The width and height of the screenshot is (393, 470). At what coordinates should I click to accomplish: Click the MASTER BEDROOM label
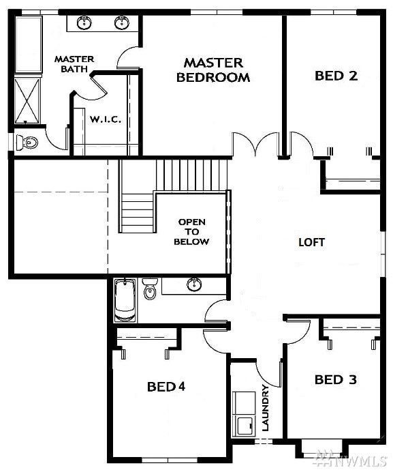click(213, 70)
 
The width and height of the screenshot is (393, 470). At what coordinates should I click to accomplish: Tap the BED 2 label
click(336, 76)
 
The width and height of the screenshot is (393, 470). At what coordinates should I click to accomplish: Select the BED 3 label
click(335, 379)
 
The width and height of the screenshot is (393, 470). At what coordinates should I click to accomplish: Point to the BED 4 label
click(166, 387)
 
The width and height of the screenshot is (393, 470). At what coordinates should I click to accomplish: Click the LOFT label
click(311, 242)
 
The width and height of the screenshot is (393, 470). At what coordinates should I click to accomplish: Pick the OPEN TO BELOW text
click(191, 232)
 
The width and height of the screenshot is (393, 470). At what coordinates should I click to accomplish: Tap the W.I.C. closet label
click(106, 119)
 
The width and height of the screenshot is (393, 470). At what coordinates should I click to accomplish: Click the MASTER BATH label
click(74, 64)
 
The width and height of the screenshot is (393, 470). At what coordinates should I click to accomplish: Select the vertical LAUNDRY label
click(265, 408)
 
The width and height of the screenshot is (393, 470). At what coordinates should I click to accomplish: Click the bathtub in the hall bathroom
click(126, 300)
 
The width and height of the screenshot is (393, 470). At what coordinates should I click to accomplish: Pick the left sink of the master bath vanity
click(84, 23)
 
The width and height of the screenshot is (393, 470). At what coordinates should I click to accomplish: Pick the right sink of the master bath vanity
click(122, 23)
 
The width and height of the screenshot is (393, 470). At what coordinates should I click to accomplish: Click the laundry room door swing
click(269, 372)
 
